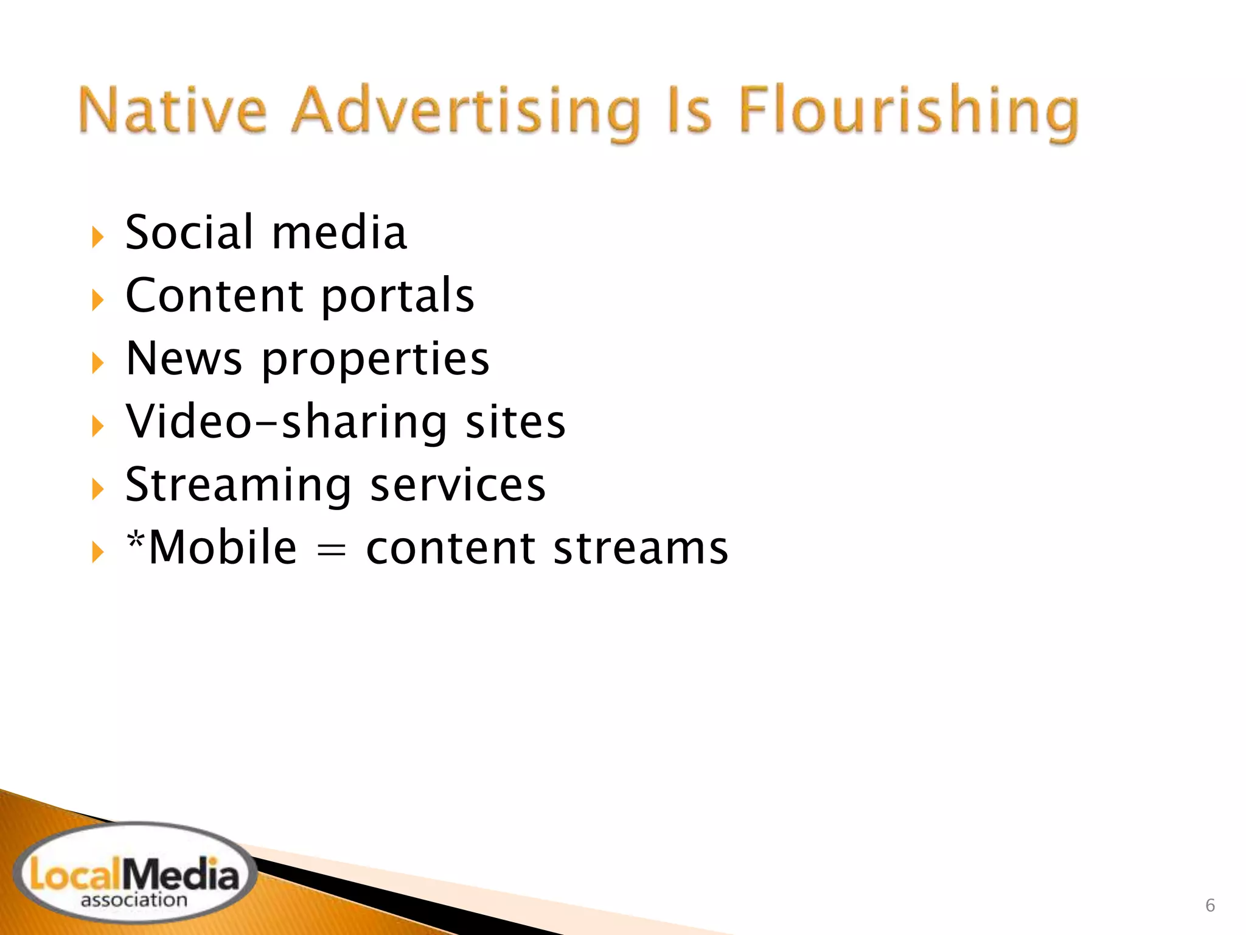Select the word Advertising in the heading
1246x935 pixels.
[466, 113]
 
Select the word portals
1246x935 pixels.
[397, 296]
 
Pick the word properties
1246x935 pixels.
[375, 360]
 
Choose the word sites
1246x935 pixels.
[515, 422]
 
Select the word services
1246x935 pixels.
[458, 486]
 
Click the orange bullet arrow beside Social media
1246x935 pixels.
[97, 237]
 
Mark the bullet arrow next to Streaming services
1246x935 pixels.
[97, 489]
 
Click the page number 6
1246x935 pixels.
[1210, 905]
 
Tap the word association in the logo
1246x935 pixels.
[134, 900]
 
